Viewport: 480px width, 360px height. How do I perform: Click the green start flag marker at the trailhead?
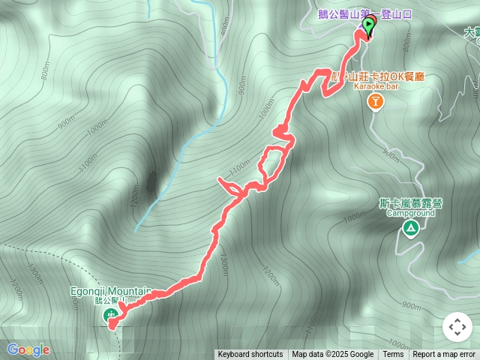click(x=369, y=26)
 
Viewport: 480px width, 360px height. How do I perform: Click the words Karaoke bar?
click(x=373, y=87)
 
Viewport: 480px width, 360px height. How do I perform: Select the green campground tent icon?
click(x=410, y=228)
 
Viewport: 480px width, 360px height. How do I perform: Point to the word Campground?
click(x=410, y=213)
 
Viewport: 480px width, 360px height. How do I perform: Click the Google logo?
click(x=28, y=349)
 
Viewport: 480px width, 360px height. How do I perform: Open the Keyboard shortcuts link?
click(x=250, y=355)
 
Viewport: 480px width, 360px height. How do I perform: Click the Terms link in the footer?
click(x=393, y=355)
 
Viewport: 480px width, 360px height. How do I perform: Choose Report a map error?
click(x=445, y=355)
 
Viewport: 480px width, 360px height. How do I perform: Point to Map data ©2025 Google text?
click(x=332, y=355)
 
